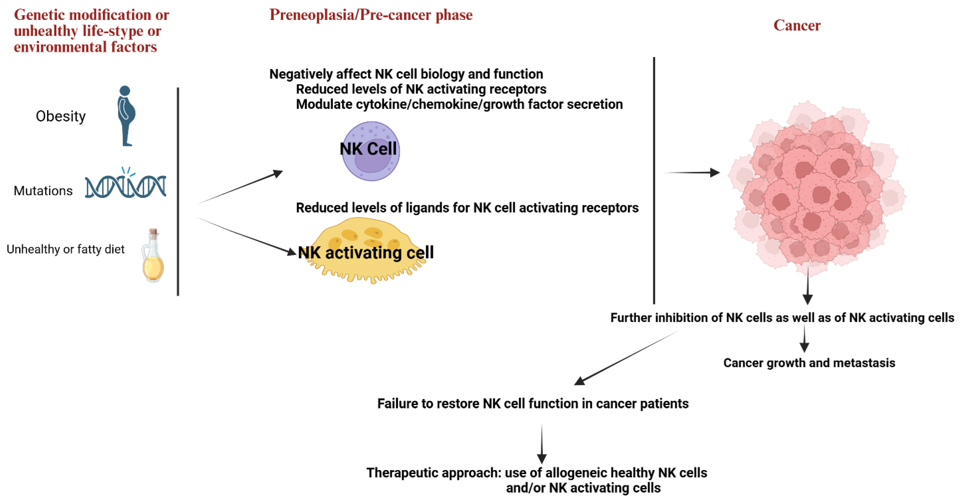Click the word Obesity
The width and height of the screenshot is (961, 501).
click(60, 116)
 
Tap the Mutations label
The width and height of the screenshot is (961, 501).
click(43, 191)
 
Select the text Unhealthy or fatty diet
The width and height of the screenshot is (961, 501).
click(65, 249)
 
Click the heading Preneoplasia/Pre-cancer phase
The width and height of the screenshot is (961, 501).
click(371, 15)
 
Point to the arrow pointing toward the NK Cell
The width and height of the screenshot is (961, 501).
click(242, 187)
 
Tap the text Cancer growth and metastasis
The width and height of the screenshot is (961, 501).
click(809, 363)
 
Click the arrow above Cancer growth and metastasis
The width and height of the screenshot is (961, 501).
click(804, 338)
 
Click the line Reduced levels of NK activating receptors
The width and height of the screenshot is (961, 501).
click(421, 89)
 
